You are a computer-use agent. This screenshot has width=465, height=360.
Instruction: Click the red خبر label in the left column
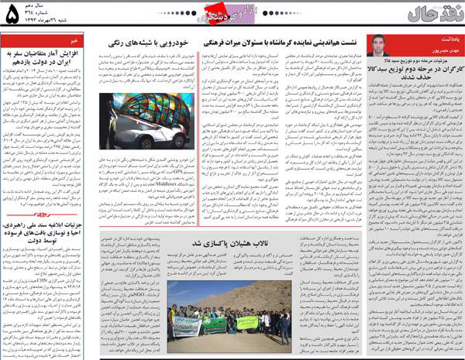tap(69, 36)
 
